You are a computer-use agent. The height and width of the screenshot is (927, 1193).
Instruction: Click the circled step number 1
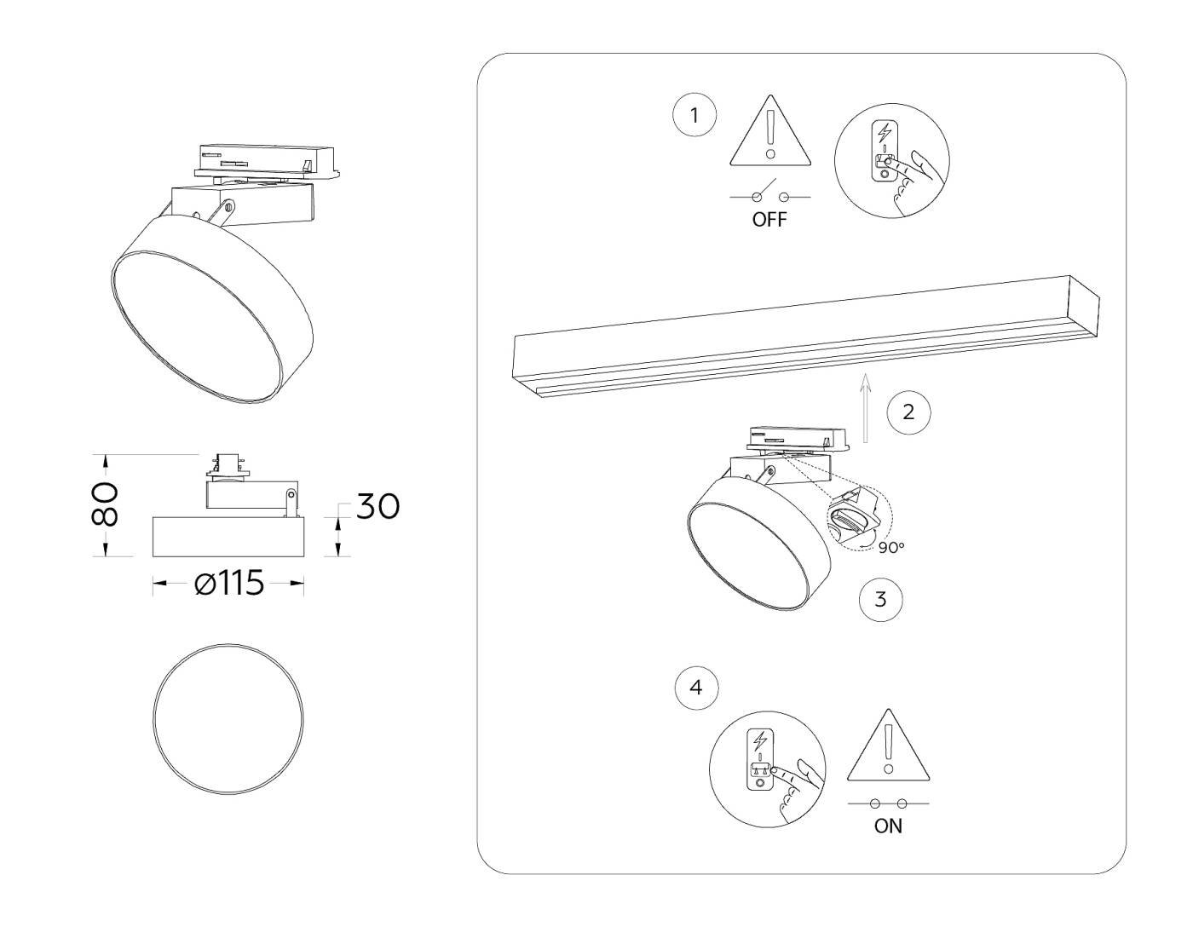coord(694,115)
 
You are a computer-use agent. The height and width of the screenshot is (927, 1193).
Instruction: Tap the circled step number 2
coord(908,412)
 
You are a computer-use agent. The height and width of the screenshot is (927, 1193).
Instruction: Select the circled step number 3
coord(881,599)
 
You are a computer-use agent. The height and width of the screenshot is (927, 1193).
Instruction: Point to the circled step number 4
coord(696,688)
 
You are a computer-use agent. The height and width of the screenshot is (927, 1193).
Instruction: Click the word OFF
coord(769,220)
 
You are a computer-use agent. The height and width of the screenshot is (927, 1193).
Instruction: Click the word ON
coord(888,826)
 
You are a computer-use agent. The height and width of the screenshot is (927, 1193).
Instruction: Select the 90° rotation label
coord(891,548)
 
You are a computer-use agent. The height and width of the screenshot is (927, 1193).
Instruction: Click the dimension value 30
coord(377,506)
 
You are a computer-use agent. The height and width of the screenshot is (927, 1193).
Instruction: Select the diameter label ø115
coord(228,584)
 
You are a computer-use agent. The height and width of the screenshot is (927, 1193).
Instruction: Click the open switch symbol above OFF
coord(769,194)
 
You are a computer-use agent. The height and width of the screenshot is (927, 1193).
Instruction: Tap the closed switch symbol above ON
coord(888,803)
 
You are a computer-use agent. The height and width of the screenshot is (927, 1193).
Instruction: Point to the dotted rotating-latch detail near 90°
coord(856,515)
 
